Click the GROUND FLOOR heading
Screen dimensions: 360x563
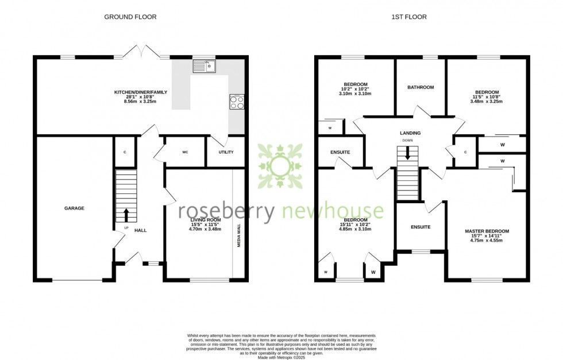point(130,17)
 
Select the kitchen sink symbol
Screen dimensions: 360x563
point(203,67)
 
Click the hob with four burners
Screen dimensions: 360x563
point(237,102)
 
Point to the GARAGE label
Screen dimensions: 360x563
point(74,208)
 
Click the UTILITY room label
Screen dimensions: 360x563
point(226,153)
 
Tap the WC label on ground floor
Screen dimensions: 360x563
point(185,153)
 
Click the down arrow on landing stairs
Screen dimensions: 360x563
point(407,153)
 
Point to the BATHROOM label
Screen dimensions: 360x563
point(421,87)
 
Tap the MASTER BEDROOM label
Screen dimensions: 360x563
point(487,231)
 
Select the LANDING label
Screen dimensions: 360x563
point(410,133)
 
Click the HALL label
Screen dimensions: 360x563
point(140,230)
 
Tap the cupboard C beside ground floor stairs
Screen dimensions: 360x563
point(125,152)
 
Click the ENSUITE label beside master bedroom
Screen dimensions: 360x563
point(421,227)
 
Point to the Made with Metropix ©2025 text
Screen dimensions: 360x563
point(281,357)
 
